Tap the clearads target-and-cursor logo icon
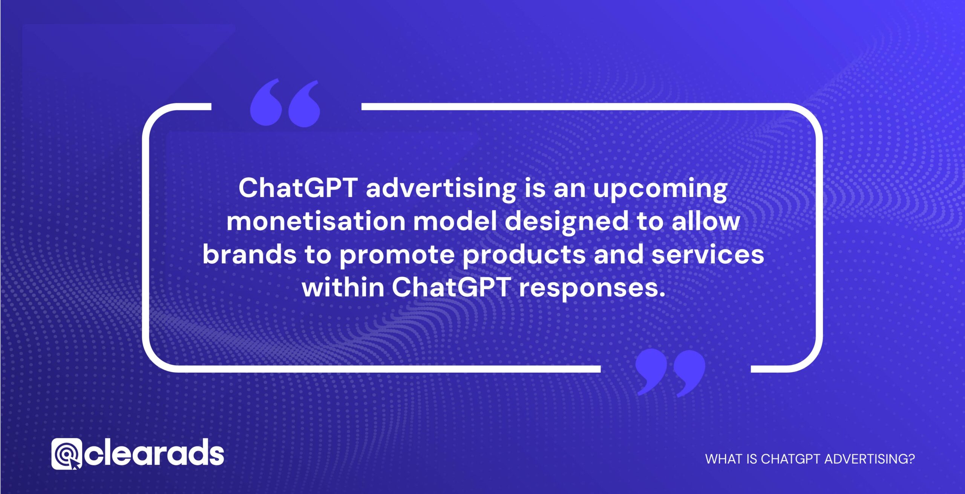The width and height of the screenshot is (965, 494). pyautogui.click(x=66, y=454)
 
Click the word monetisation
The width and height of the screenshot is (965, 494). pyautogui.click(x=316, y=222)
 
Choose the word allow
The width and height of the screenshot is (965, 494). pyautogui.click(x=706, y=222)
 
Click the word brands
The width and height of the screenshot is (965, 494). pyautogui.click(x=250, y=255)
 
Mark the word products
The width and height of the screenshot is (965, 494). pyautogui.click(x=524, y=255)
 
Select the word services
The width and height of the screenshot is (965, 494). pyautogui.click(x=708, y=255)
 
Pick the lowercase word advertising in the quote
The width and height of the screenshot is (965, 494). pyautogui.click(x=441, y=188)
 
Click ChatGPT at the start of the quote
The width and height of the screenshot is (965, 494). pyautogui.click(x=298, y=188)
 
